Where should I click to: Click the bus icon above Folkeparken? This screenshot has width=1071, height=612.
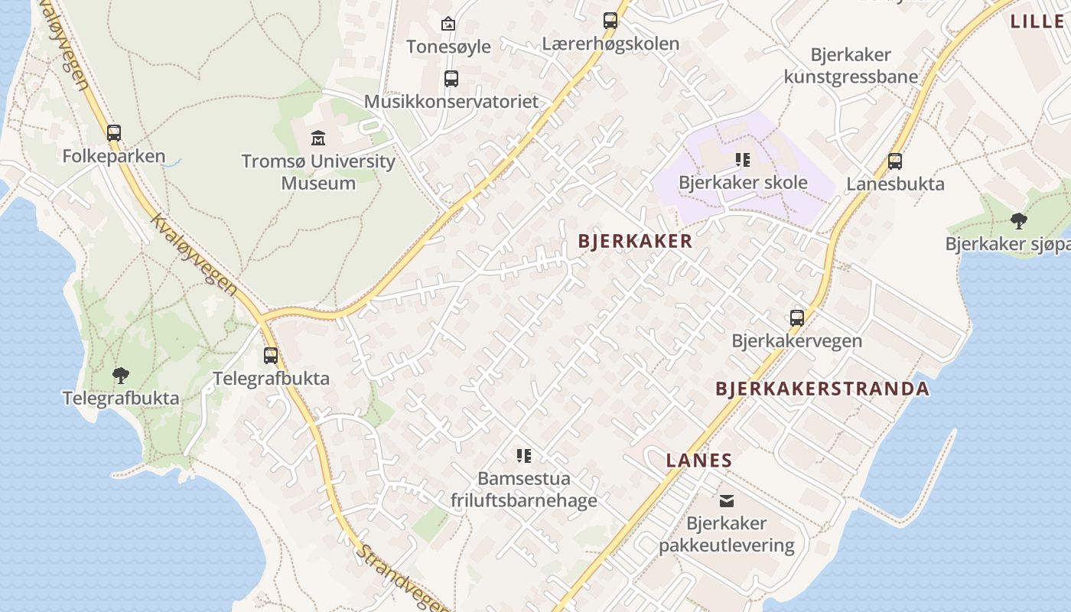114,133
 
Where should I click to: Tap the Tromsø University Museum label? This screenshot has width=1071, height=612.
318,172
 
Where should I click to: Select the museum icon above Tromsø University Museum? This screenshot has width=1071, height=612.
318,138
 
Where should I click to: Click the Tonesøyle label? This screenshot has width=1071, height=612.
448,47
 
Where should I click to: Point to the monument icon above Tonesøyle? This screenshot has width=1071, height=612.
448,24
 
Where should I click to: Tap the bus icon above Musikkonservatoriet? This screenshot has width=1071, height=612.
451,78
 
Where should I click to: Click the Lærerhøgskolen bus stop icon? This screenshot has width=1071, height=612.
610,21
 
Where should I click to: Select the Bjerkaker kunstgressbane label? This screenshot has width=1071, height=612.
851,66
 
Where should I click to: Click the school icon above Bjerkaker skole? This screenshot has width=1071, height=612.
743,160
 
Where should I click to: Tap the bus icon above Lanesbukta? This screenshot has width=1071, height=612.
895,161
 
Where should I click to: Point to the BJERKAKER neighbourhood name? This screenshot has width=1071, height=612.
635,242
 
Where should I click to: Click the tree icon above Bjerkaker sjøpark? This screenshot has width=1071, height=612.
1018,221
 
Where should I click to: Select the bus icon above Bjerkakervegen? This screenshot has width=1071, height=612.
797,318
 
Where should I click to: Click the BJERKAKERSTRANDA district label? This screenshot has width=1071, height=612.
822,389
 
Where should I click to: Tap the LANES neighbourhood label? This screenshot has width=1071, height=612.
699,461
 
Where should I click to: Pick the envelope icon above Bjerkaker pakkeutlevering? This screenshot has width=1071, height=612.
727,501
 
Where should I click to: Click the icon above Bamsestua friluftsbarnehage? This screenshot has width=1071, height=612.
524,456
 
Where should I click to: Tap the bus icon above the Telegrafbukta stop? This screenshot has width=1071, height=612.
271,356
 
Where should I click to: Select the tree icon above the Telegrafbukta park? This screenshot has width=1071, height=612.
120,375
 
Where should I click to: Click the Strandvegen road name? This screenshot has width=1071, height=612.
402,578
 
